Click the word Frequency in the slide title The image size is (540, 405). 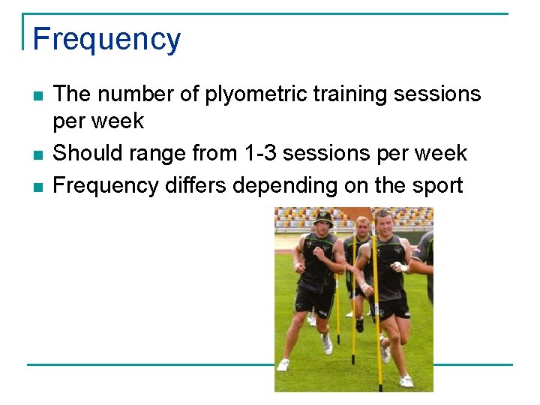click(106, 39)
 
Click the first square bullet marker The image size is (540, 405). click(37, 96)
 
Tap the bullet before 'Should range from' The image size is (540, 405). click(37, 154)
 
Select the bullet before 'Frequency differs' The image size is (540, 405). click(37, 186)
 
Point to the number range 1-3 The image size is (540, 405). click(265, 153)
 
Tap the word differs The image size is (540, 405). click(196, 184)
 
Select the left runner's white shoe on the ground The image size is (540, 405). click(283, 364)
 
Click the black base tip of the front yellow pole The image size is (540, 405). click(380, 388)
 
